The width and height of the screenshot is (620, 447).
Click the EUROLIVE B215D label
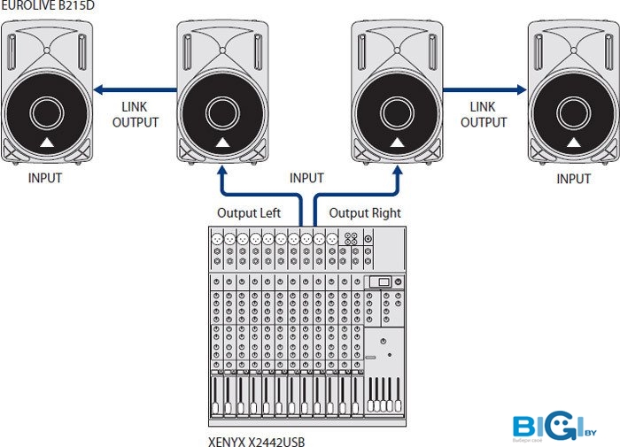47,6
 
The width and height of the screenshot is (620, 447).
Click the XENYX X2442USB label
256,439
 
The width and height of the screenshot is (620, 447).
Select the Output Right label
365,213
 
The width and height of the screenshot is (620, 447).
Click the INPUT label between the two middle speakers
307,178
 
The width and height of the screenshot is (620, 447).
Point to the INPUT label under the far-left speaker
45,178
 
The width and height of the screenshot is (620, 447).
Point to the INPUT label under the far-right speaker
573,179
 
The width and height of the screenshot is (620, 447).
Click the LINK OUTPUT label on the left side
135,114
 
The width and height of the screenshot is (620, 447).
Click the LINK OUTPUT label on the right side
484,114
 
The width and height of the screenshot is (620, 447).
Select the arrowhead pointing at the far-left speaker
97,89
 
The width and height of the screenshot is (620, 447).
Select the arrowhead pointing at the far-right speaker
522,89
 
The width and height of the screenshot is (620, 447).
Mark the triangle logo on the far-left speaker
46,144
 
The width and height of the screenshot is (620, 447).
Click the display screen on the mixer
379,281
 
